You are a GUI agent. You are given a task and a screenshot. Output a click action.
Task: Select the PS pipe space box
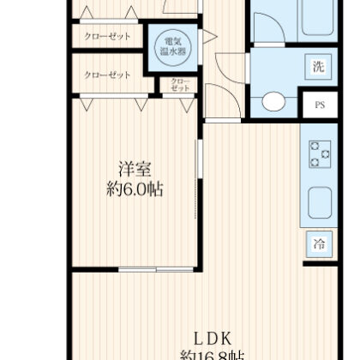319,106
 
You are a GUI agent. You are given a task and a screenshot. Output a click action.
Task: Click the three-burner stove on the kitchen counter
321,153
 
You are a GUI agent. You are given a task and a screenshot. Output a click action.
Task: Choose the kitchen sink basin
320,201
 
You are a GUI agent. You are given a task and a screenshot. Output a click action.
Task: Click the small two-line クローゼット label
179,86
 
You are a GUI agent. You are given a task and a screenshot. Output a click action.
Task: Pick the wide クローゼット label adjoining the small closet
107,75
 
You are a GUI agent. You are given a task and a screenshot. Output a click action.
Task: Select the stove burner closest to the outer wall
326,153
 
